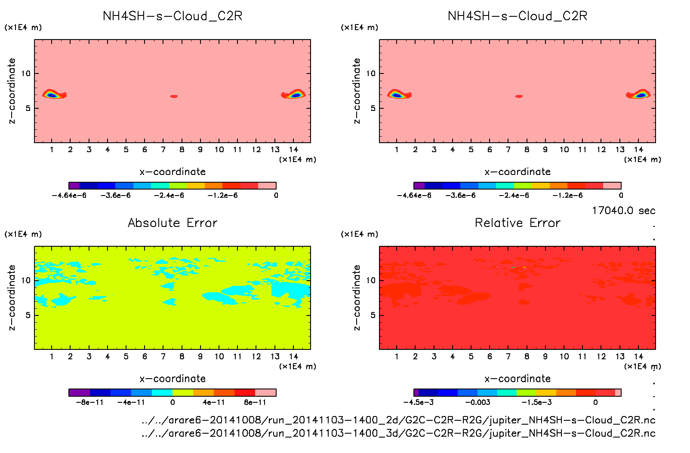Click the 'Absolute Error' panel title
pyautogui.click(x=172, y=223)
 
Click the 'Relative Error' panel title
pyautogui.click(x=517, y=223)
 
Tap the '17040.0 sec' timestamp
pyautogui.click(x=623, y=211)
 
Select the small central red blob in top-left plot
pyautogui.click(x=174, y=96)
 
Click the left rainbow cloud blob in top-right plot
pyautogui.click(x=398, y=94)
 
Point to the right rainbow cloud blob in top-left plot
pyautogui.click(x=294, y=94)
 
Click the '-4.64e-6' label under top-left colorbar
pyautogui.click(x=69, y=196)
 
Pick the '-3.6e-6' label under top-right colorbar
pyautogui.click(x=460, y=196)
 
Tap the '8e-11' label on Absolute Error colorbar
pyautogui.click(x=255, y=402)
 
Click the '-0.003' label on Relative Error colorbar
pyautogui.click(x=477, y=402)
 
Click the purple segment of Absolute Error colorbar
pyautogui.click(x=79, y=392)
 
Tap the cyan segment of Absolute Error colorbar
pyautogui.click(x=162, y=392)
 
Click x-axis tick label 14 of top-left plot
pyautogui.click(x=293, y=150)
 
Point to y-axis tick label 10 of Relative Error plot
pyautogui.click(x=371, y=280)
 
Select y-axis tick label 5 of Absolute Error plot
pyautogui.click(x=28, y=315)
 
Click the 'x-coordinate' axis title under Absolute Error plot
pyautogui.click(x=172, y=379)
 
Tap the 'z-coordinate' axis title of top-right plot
pyautogui.click(x=357, y=91)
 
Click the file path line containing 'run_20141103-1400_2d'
pyautogui.click(x=398, y=420)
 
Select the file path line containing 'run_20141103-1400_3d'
pyautogui.click(x=398, y=433)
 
